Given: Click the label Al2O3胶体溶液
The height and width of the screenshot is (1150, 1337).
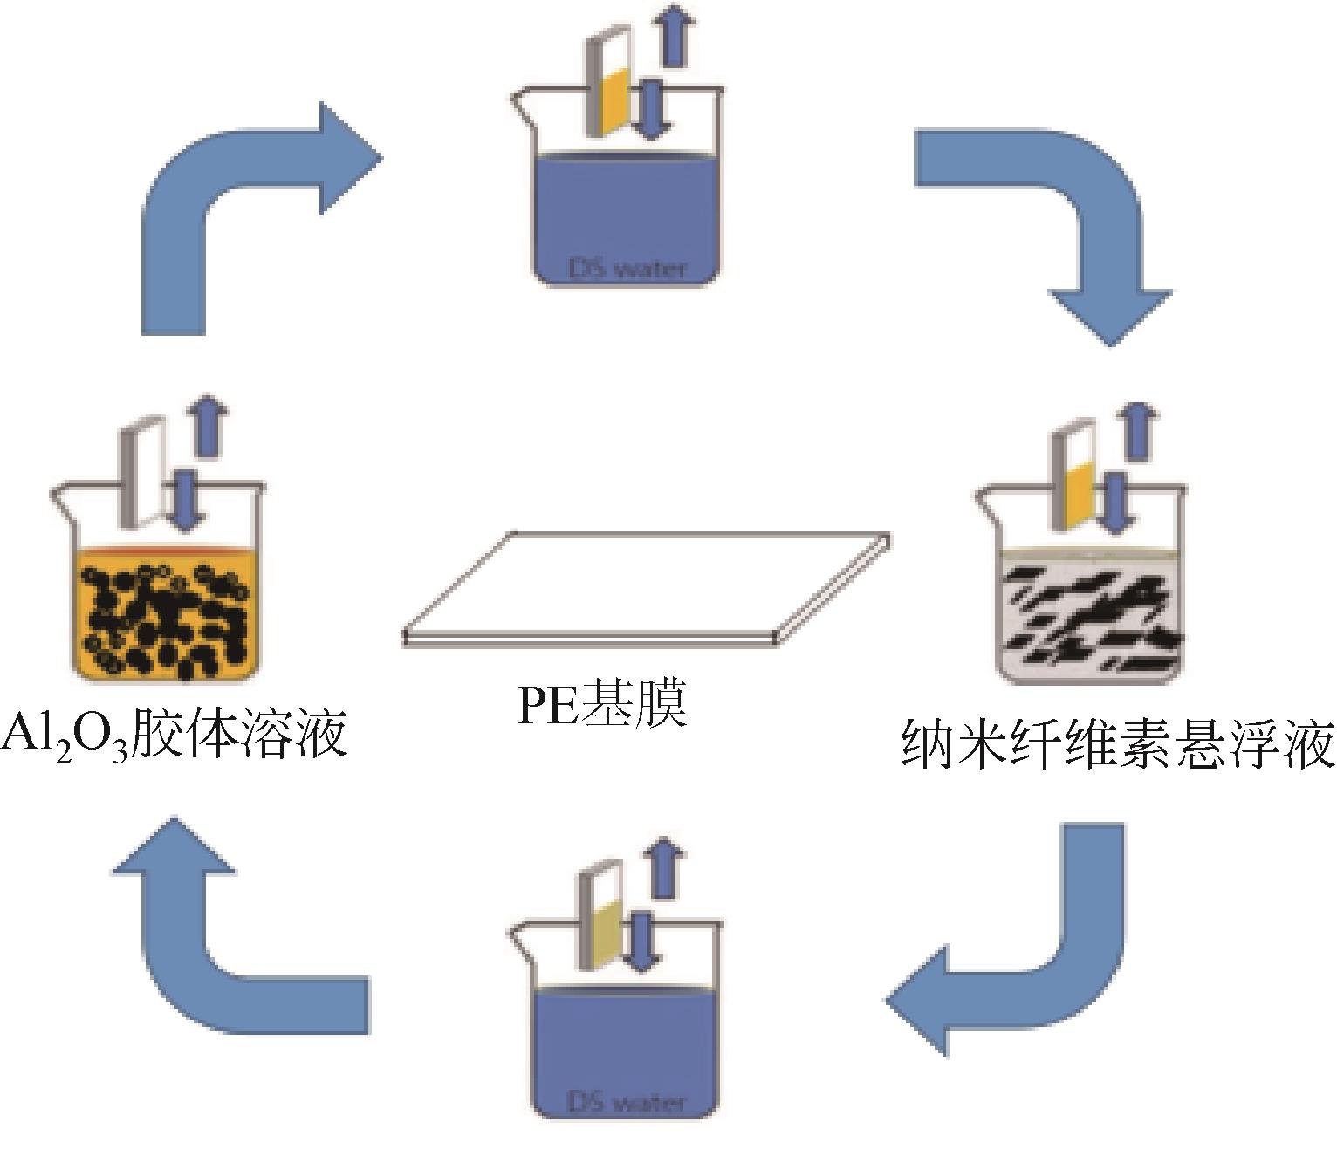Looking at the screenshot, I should (x=175, y=736).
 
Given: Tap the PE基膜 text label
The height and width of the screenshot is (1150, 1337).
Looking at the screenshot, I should (x=602, y=704).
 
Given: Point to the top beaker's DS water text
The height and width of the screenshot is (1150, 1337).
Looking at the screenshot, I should (x=627, y=268).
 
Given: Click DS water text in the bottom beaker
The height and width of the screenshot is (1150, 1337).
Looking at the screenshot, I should (x=627, y=1102).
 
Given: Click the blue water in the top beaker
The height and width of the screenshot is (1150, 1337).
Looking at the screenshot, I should (x=627, y=209).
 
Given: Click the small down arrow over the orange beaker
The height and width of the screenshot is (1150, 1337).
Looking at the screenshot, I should (x=185, y=497).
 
